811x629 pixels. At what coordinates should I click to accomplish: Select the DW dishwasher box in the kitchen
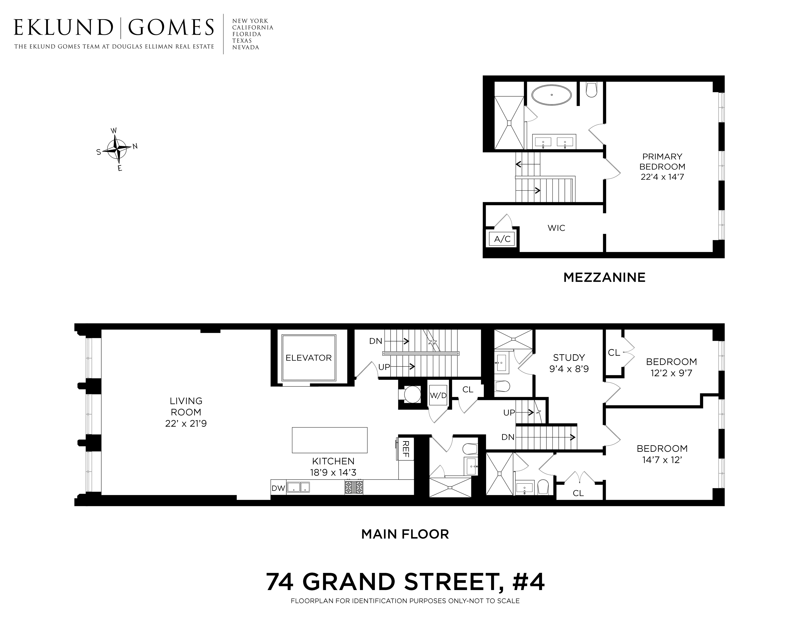(278, 488)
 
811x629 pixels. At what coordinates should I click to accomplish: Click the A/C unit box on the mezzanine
(502, 239)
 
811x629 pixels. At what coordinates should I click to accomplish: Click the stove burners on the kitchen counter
(354, 487)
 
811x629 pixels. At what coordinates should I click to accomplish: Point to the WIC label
(556, 228)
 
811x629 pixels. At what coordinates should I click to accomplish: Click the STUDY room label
(569, 358)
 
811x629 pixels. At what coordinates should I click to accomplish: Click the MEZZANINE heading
(604, 277)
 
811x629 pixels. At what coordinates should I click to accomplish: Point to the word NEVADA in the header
(246, 48)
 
